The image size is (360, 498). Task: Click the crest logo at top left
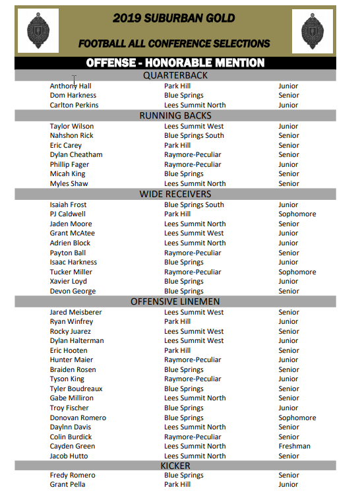tap(38, 30)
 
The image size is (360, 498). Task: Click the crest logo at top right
tap(317, 31)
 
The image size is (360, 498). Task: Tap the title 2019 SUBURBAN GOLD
tap(173, 18)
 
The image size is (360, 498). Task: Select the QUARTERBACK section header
tap(175, 75)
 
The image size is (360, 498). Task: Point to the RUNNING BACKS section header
tap(175, 115)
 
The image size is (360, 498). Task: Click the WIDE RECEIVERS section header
tap(175, 194)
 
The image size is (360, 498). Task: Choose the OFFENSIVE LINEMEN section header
tap(175, 301)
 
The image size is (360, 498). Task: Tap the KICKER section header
tap(175, 465)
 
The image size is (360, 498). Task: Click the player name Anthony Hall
tap(71, 86)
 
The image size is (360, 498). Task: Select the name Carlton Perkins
tap(74, 105)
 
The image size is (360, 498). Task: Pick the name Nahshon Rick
tap(71, 135)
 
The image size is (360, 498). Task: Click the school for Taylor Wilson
tap(194, 126)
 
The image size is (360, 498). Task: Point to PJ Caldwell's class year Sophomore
tap(297, 214)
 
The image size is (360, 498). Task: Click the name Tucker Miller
tap(71, 272)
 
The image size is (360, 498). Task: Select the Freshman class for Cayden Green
tap(294, 446)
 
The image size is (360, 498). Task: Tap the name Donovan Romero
tap(78, 418)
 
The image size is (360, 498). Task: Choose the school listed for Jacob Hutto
tap(195, 456)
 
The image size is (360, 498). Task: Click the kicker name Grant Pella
tap(67, 484)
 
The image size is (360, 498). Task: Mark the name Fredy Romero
tap(73, 475)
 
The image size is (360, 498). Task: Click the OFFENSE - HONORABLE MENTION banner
tap(175, 63)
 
